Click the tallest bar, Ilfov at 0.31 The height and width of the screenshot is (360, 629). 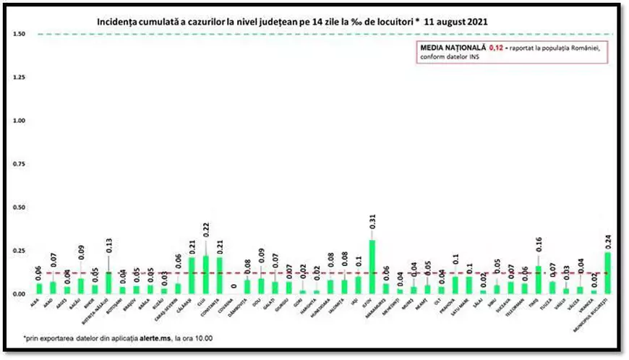(372, 267)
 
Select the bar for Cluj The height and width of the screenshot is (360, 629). (205, 275)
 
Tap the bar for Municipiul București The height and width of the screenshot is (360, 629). (608, 273)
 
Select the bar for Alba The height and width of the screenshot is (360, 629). (39, 288)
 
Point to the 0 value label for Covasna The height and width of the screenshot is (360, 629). (234, 286)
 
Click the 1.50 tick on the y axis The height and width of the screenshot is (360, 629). (20, 35)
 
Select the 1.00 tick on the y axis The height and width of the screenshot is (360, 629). (20, 121)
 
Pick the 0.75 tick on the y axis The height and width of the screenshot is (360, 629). (20, 165)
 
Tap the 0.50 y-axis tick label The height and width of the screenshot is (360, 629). (20, 208)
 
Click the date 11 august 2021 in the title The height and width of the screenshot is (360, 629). (455, 22)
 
